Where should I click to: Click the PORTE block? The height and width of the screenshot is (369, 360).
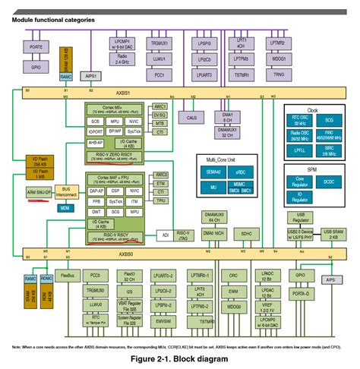(x=34, y=47)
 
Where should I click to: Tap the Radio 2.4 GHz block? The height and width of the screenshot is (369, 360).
(x=122, y=61)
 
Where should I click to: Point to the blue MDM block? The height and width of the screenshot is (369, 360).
(x=66, y=207)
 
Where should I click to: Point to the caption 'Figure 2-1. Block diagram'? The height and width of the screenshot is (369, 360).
(x=179, y=357)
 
